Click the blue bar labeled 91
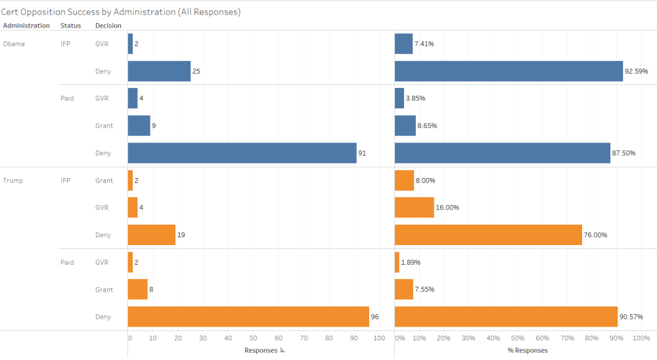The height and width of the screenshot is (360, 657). [x=242, y=153]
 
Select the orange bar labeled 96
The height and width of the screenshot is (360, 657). [x=248, y=317]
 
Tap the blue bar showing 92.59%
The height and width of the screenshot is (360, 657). [x=509, y=71]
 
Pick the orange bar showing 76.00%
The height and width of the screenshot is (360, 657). [x=488, y=235]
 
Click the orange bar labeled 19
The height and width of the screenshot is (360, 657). [x=152, y=235]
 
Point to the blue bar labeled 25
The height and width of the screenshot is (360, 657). [x=159, y=71]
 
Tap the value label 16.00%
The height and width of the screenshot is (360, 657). [x=448, y=208]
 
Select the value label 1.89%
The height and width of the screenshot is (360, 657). [x=411, y=262]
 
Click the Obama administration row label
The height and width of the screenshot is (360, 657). [x=14, y=44]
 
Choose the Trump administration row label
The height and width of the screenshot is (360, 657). [x=13, y=181]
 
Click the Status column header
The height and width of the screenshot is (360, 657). [x=70, y=26]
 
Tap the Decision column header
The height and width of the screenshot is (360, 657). [x=108, y=26]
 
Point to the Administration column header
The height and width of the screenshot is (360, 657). [x=26, y=26]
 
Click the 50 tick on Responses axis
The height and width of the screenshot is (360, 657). [x=253, y=338]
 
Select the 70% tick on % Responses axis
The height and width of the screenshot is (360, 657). [x=567, y=338]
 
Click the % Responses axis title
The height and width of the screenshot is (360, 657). [x=528, y=350]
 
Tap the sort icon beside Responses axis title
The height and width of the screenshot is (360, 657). [x=283, y=350]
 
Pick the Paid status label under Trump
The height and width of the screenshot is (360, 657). [x=67, y=262]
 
